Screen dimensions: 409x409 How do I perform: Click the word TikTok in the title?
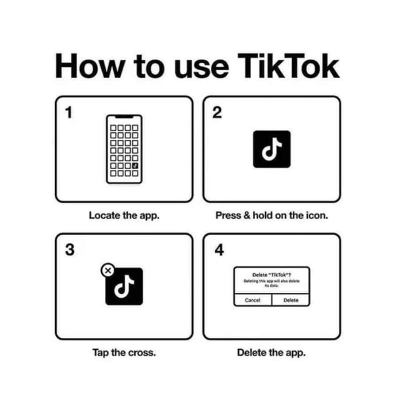pos(288,66)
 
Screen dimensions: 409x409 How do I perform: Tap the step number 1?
pos(69,112)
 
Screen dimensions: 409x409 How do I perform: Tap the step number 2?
pos(217,112)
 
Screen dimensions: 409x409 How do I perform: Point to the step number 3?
pos(70,250)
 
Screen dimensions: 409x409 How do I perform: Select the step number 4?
pos(219,250)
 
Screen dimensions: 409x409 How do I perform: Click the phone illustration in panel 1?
pos(124,149)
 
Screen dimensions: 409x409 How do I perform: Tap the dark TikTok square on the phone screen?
pos(135,166)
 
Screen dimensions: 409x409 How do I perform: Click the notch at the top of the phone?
pos(124,117)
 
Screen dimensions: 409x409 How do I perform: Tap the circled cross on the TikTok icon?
pos(108,271)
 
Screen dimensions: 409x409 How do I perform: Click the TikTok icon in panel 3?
pos(124,287)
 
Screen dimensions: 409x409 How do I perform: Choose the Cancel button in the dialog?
pos(253,300)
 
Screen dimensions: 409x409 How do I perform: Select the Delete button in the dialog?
pos(291,300)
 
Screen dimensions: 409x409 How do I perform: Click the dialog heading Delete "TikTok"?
pos(272,275)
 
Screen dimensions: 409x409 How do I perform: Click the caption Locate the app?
pos(124,215)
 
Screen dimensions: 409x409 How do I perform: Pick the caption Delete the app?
pos(271,353)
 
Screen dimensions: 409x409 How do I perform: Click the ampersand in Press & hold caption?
pos(247,215)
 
